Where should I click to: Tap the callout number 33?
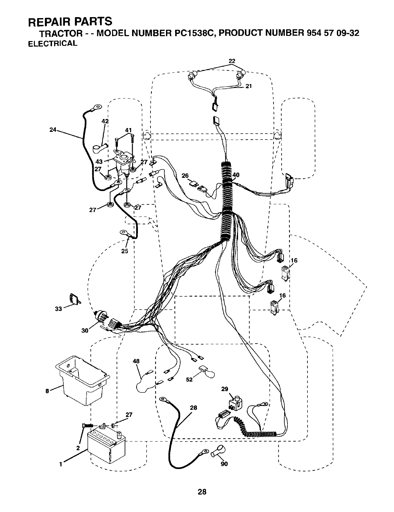58,309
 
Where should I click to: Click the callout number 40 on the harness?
236,175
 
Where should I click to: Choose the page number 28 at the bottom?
202,492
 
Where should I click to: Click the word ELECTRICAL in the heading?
53,44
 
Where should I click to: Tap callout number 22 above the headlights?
232,61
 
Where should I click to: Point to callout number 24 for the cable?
53,130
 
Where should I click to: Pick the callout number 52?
189,379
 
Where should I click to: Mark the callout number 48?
136,361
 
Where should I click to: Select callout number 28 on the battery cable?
193,408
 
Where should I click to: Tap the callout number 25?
125,251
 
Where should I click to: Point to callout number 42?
105,122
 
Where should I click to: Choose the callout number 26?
185,176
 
